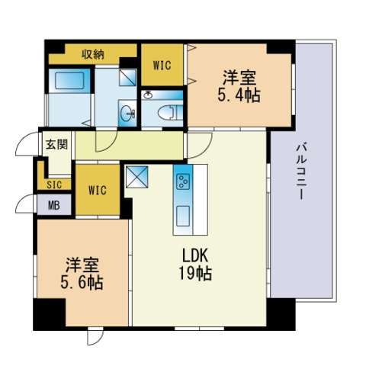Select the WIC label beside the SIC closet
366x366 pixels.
coord(96,190)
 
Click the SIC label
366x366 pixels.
coord(54,185)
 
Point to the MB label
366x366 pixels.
coord(54,204)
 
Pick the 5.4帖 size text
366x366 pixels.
coord(239,96)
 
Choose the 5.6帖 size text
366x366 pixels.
coord(82,281)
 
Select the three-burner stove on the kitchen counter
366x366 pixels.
coord(184,181)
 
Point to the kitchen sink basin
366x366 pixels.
coord(184,213)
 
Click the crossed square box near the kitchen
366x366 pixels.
coord(137,176)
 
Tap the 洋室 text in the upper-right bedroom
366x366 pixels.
coord(239,79)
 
